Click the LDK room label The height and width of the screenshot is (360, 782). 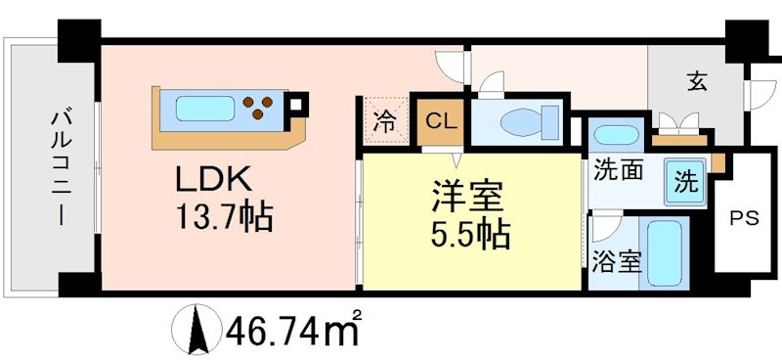[214, 180]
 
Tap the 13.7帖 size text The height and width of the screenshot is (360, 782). [223, 214]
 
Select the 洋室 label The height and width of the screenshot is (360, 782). [467, 197]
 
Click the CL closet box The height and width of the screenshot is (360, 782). [440, 122]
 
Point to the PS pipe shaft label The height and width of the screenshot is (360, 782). [745, 219]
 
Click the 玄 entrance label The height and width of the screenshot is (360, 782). [695, 82]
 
